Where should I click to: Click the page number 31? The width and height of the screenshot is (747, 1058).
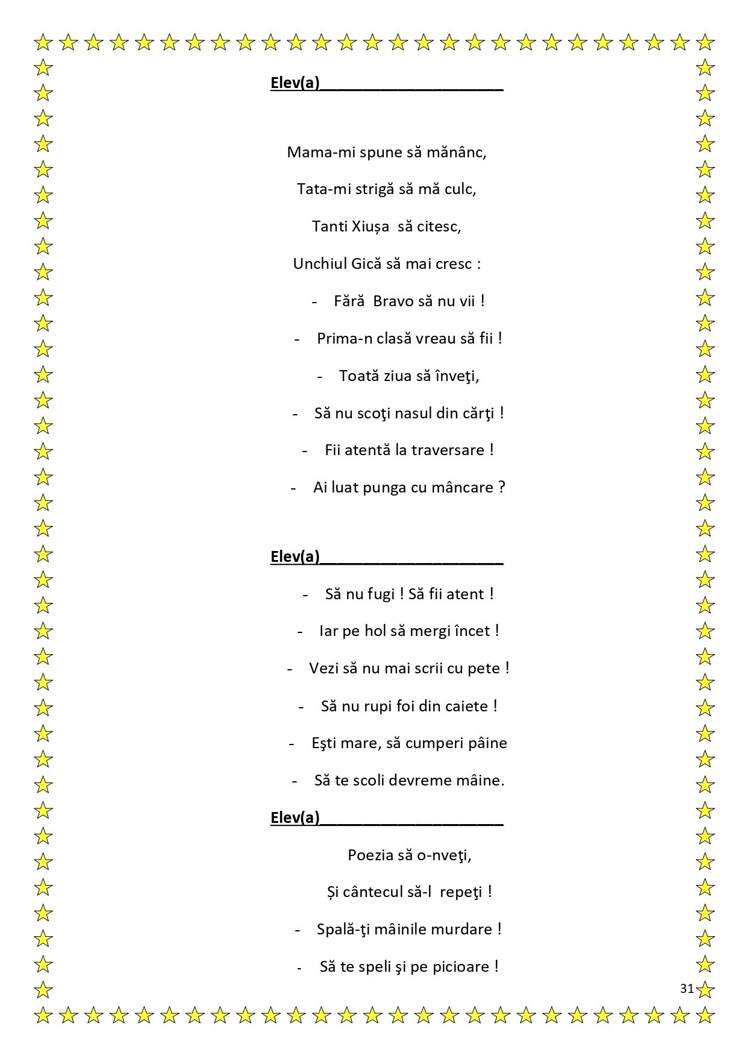(687, 989)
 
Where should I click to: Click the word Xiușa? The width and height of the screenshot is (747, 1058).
(370, 227)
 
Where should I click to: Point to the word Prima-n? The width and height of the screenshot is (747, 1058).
(345, 339)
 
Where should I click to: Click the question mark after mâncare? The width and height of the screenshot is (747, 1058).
(502, 488)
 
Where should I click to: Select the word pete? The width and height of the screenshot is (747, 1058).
(484, 669)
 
